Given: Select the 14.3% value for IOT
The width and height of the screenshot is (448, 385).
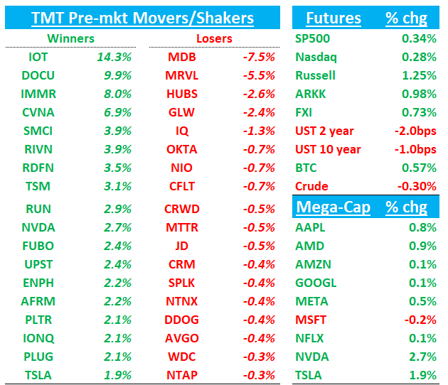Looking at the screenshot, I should click(117, 58).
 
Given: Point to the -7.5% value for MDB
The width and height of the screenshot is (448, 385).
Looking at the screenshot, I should click(260, 58).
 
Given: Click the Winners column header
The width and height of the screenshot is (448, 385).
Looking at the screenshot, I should click(71, 38).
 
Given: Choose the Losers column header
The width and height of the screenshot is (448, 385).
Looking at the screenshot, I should click(213, 38).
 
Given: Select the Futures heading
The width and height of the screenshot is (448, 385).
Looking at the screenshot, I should click(333, 18).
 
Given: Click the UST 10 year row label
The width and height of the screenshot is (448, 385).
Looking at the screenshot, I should click(328, 149).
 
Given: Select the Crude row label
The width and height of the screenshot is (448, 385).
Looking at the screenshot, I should click(311, 186).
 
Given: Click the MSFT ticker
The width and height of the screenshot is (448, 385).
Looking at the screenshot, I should click(311, 320).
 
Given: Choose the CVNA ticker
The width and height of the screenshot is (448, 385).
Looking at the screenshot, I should click(38, 112).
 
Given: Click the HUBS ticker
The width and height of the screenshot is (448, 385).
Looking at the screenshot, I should click(182, 94).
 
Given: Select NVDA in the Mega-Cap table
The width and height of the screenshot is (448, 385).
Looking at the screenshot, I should click(311, 357).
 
